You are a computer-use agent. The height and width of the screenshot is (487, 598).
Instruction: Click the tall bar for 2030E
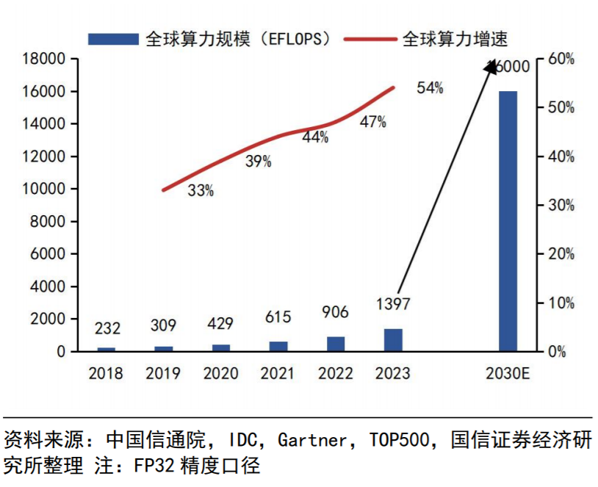[x=508, y=220]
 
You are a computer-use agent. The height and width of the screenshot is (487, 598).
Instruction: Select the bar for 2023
[x=393, y=340]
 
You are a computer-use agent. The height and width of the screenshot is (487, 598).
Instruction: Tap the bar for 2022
[x=336, y=344]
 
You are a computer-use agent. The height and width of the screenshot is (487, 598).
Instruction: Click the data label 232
[x=107, y=328]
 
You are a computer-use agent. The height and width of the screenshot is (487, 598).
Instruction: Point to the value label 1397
[x=392, y=303]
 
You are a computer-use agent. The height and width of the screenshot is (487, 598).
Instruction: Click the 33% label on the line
[x=201, y=191]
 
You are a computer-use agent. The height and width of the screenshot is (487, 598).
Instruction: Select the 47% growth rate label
[x=372, y=123]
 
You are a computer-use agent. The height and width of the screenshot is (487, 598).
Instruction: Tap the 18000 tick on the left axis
[x=43, y=59]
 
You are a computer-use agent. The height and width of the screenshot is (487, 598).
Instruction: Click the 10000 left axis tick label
[x=43, y=189]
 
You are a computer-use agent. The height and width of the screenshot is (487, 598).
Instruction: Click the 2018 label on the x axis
[x=107, y=373]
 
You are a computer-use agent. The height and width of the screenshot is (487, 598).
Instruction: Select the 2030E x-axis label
[x=508, y=373]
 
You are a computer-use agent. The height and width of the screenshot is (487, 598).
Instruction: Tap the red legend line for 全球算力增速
[x=372, y=39]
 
